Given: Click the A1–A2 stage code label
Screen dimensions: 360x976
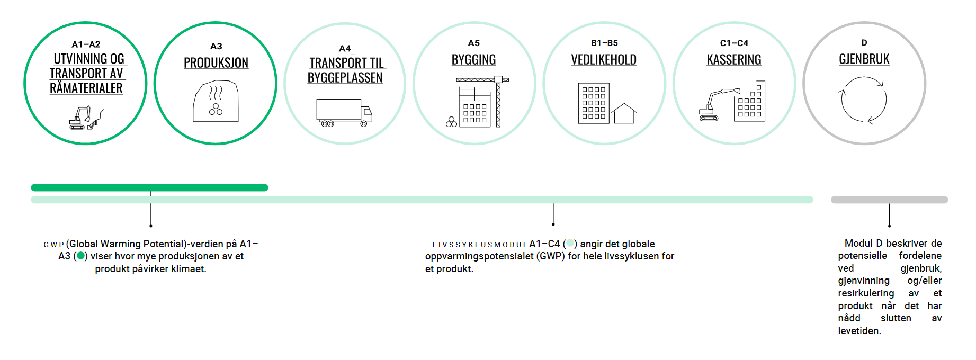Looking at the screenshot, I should (x=86, y=44).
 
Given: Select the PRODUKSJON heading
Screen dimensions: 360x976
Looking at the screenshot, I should (x=216, y=63).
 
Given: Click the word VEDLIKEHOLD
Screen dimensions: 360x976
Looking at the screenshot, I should (x=604, y=60).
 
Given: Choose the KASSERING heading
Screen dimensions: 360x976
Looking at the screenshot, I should (x=734, y=60).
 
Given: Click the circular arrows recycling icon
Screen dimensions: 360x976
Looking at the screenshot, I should (x=864, y=100).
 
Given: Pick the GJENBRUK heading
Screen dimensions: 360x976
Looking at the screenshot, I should (x=864, y=59).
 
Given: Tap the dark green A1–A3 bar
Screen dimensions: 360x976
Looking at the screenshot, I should (x=149, y=187).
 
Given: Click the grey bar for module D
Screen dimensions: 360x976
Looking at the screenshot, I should (x=889, y=200).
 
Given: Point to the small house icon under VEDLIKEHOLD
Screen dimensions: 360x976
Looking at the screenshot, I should (x=624, y=113).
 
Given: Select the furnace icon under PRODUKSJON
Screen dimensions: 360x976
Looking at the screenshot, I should (x=216, y=101).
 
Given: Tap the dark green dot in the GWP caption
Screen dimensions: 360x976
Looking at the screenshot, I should (x=80, y=256).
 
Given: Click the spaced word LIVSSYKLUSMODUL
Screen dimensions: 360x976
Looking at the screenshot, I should (x=480, y=245).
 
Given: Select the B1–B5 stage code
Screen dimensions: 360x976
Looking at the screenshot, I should (x=604, y=43).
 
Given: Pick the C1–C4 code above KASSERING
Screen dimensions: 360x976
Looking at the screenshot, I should (x=734, y=43).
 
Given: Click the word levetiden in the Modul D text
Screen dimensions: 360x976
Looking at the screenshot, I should (x=859, y=331).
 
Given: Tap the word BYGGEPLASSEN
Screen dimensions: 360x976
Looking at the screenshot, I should (x=345, y=78).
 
